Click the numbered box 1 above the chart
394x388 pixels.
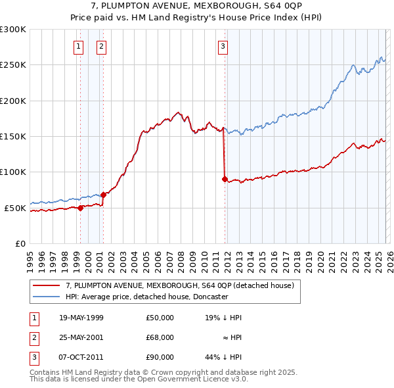[79, 46]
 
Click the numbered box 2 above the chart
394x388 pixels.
[102, 46]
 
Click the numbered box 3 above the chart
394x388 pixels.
[223, 46]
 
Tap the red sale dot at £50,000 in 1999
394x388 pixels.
[80, 208]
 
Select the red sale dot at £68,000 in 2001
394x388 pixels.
[104, 195]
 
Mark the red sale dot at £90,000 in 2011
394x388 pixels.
[225, 179]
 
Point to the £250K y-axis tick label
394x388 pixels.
[13, 65]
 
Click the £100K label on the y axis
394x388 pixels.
[13, 172]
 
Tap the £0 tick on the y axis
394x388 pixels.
[20, 243]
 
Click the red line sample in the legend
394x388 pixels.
[46, 285]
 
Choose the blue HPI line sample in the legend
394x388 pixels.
[46, 297]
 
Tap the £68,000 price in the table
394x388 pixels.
[160, 337]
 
